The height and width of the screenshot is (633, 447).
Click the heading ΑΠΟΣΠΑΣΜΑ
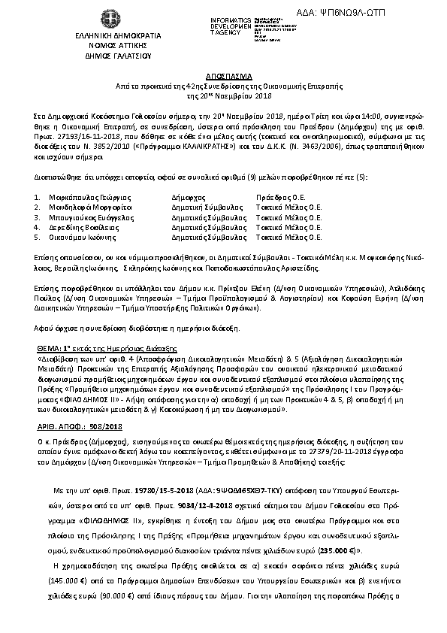click(x=223, y=77)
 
